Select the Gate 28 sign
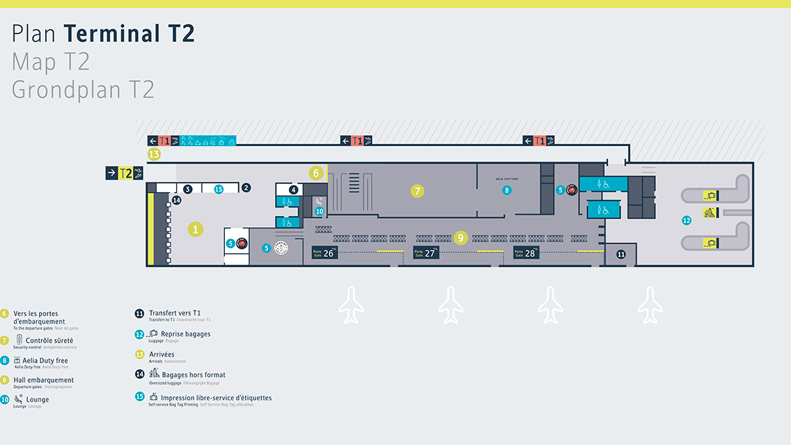526,253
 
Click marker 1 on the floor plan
196,228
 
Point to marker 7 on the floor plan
417,190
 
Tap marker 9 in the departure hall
460,237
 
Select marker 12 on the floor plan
687,220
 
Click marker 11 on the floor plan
621,254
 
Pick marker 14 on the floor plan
177,201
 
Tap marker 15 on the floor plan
219,189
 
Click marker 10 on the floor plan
320,211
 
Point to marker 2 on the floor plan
246,187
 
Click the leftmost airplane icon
351,305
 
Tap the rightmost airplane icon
650,305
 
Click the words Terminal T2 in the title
129,34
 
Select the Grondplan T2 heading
83,90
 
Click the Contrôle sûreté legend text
49,341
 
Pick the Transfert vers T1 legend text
180,313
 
